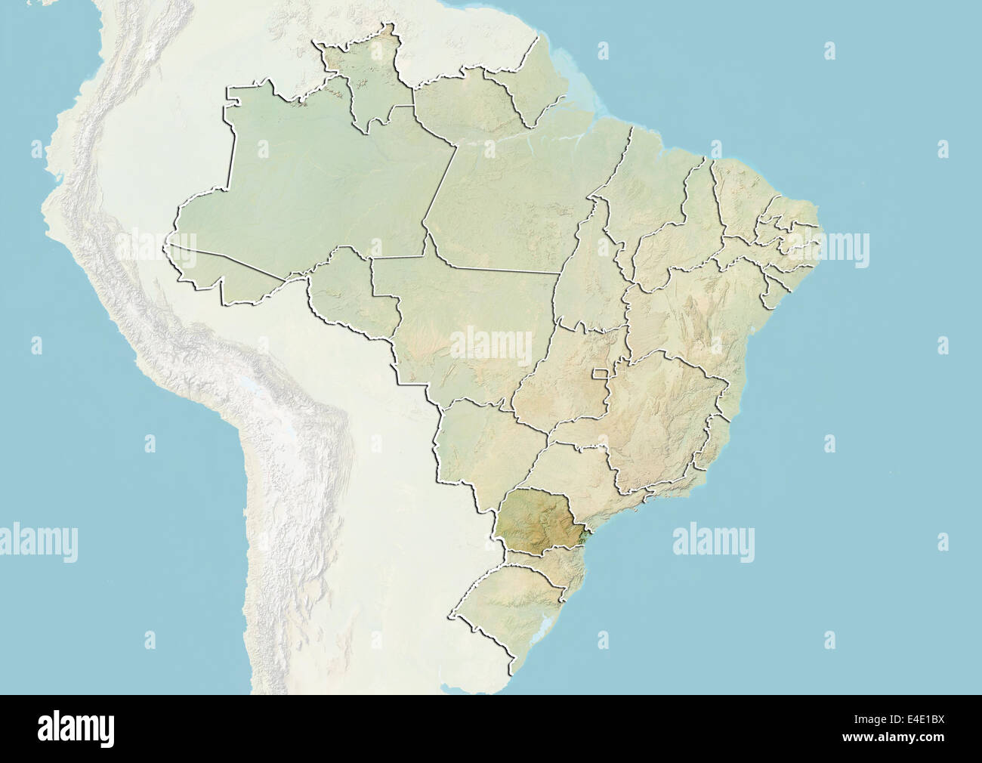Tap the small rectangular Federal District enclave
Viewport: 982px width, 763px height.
tap(601, 373)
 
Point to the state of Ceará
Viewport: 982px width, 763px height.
tap(744, 200)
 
